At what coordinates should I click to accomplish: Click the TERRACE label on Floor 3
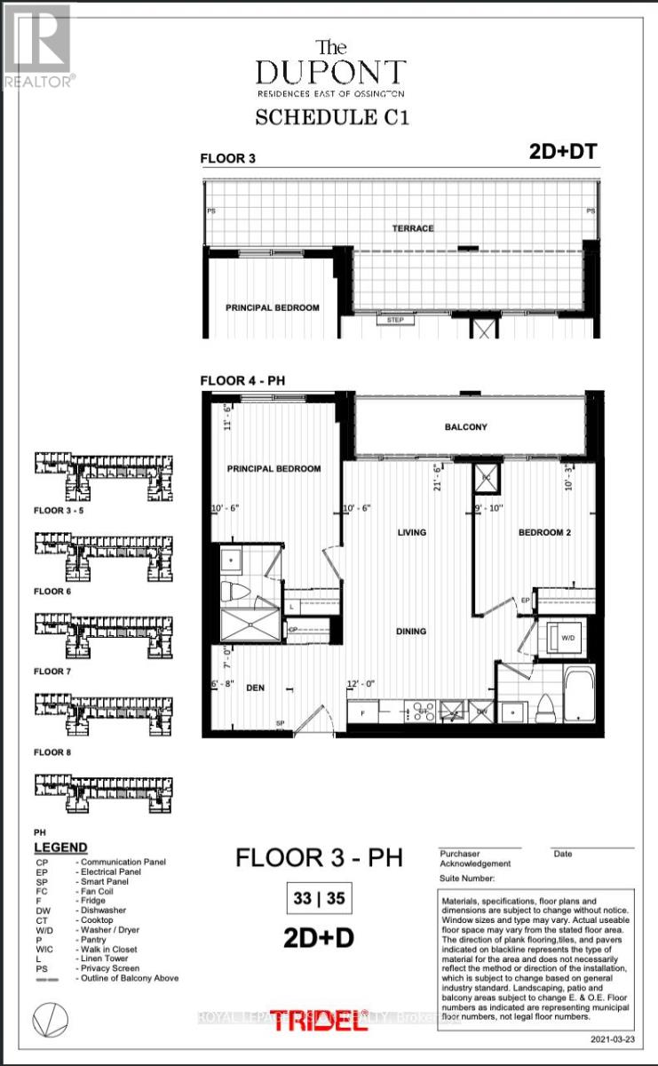tap(414, 228)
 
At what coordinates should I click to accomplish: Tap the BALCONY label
tap(465, 427)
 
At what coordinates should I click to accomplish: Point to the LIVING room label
tap(412, 533)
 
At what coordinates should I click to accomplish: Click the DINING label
tap(411, 632)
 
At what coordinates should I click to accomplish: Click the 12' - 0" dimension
tap(361, 683)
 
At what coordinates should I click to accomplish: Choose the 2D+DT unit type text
tap(556, 153)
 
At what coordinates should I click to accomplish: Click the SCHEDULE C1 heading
tap(333, 117)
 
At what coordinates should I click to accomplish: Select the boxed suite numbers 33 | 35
tap(320, 899)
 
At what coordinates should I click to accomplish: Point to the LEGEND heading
tap(60, 847)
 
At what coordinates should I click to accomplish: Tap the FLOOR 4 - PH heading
tap(243, 381)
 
